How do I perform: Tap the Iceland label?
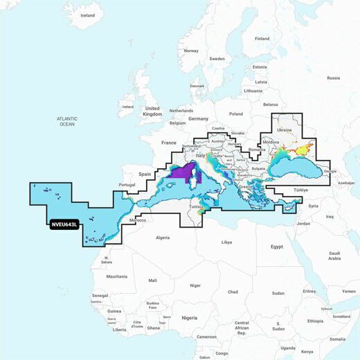pos(87,15)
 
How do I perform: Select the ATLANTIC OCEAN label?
pos(66,122)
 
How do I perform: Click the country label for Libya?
pos(226,243)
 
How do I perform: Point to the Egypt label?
pos(276,246)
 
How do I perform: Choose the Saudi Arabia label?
pos(334,255)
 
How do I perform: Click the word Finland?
pos(262,38)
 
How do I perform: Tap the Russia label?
pos(333,78)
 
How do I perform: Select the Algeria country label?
pos(163,237)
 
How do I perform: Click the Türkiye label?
pos(300,189)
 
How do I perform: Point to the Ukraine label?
pos(284,129)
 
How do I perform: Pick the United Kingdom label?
pos(152,111)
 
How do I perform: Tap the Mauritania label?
pos(117,276)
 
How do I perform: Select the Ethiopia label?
pos(315,321)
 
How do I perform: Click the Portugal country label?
pos(127,185)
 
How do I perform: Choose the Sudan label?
pos(278,293)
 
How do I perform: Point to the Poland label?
pos(236,114)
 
